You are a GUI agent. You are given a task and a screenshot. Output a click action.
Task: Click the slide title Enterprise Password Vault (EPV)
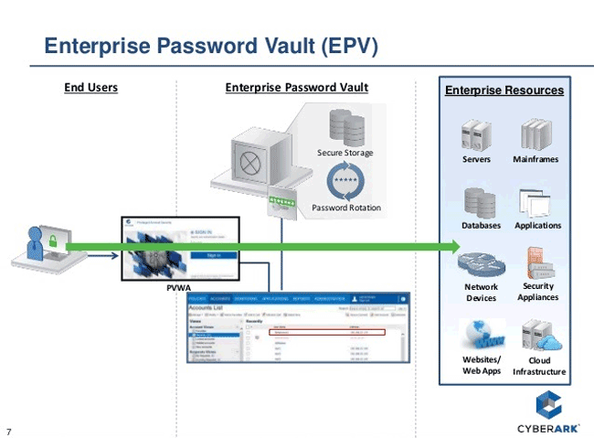click(x=211, y=46)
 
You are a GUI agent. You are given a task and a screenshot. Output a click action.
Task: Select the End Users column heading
click(x=90, y=88)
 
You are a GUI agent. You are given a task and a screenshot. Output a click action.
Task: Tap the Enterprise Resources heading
click(x=504, y=91)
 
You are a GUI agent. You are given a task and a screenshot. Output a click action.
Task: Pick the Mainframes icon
click(x=536, y=134)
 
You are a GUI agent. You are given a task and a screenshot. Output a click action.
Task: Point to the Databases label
click(x=481, y=225)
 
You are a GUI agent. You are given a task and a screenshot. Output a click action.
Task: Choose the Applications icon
click(x=536, y=201)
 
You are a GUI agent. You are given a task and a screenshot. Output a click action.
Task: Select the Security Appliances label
click(x=537, y=292)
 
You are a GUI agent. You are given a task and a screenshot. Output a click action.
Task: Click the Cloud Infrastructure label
click(x=539, y=366)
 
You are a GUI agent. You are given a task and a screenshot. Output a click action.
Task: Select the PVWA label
click(x=177, y=288)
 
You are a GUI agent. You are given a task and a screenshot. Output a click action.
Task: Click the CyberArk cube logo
click(x=546, y=402)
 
